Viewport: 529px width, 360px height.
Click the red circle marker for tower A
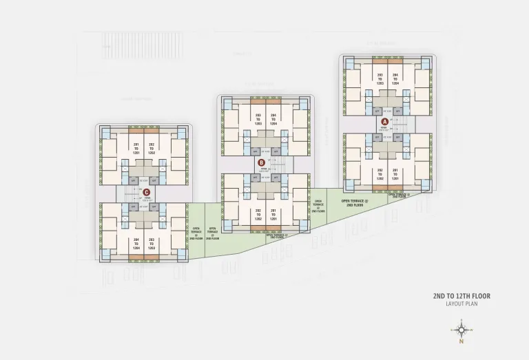[x=385, y=121]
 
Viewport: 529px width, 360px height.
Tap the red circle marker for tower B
[x=261, y=163]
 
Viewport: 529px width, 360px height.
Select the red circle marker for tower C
[x=146, y=193]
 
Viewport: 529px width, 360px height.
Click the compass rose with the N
[x=461, y=331]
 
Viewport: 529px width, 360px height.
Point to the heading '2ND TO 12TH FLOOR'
[x=461, y=296]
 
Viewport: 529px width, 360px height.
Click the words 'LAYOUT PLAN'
[x=461, y=304]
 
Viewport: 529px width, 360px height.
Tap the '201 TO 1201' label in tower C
[x=136, y=148]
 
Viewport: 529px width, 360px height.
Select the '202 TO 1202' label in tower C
[x=152, y=148]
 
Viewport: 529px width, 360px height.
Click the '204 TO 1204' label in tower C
[x=136, y=244]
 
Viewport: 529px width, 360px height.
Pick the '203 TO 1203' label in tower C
[x=152, y=244]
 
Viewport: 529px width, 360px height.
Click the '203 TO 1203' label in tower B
[x=258, y=118]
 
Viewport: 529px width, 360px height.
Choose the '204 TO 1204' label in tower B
[x=273, y=118]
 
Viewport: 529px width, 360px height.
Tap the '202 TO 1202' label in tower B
[x=258, y=214]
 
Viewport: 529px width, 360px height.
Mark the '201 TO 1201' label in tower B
[x=273, y=214]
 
